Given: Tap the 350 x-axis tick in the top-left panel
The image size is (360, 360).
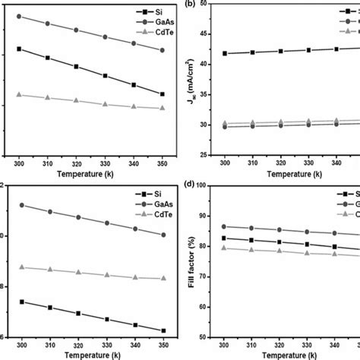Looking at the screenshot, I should [162, 163].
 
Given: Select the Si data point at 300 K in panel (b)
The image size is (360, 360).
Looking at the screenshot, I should [225, 53].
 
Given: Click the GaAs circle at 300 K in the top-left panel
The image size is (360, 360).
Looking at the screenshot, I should [18, 16].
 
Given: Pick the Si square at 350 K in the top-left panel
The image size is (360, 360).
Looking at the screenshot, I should [162, 94].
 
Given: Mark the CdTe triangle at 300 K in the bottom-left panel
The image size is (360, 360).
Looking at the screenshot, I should [18, 267].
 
